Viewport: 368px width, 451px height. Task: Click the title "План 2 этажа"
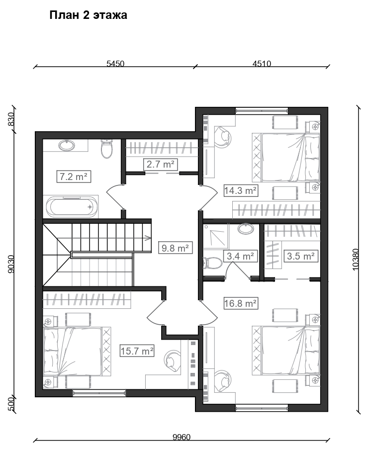[x=89, y=15]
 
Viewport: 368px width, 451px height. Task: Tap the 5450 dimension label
[x=115, y=64]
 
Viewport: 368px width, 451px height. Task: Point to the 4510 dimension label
[x=262, y=64]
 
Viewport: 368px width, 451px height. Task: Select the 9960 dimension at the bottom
[x=182, y=437]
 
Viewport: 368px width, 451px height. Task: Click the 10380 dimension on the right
[x=356, y=260]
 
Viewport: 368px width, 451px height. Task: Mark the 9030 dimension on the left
[x=10, y=264]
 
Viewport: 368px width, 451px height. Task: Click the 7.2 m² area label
[x=74, y=177]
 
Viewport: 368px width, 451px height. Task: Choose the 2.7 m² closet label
[x=161, y=164]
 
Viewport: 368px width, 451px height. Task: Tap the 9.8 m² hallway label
[x=175, y=248]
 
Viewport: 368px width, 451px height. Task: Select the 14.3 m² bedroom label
[x=241, y=190]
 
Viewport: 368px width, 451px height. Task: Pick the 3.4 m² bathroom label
[x=240, y=256]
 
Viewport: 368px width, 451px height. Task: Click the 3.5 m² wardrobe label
[x=301, y=256]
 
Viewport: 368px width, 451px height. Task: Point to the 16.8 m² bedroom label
[x=241, y=303]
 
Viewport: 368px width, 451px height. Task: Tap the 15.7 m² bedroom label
[x=137, y=351]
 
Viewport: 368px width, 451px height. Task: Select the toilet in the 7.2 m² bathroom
[x=107, y=149]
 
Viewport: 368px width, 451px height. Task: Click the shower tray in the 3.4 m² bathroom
[x=215, y=236]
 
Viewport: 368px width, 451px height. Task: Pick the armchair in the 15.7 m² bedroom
[x=173, y=361]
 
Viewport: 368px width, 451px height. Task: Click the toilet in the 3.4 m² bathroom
[x=212, y=263]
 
